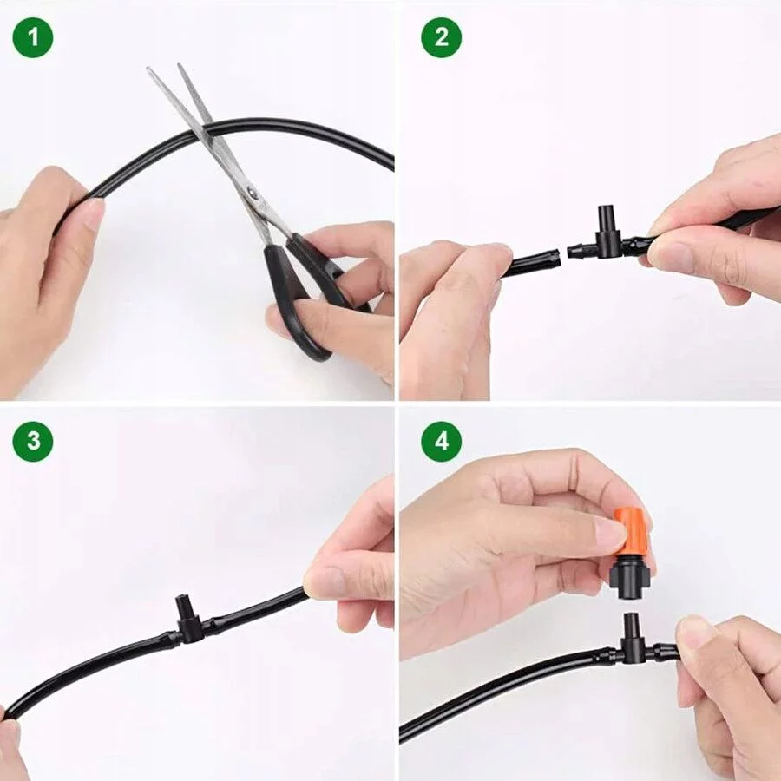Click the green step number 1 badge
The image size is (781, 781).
(x=33, y=37)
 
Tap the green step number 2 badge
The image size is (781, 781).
(x=442, y=37)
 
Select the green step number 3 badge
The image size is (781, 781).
(x=33, y=442)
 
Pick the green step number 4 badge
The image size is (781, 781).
(x=442, y=442)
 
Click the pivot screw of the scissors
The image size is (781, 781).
(x=252, y=191)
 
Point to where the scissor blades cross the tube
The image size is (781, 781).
(x=206, y=130)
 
